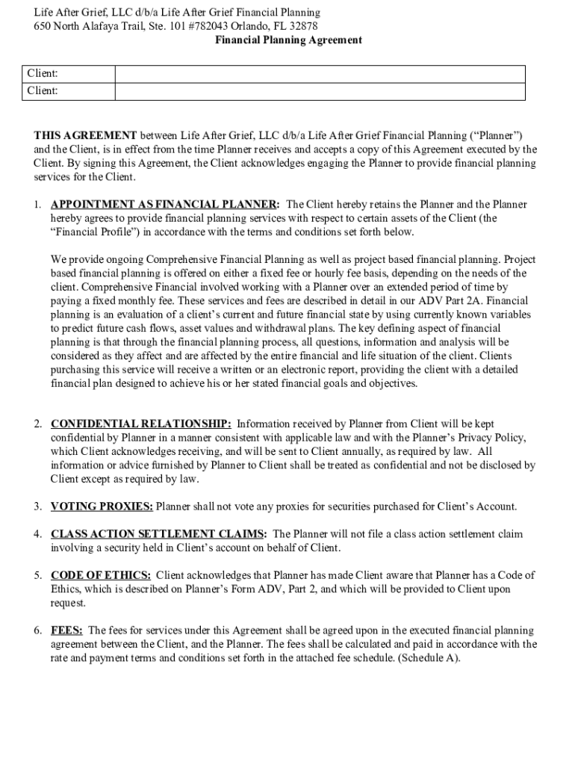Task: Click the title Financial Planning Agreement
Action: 288,40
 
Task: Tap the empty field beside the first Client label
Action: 320,74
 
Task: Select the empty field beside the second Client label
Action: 320,91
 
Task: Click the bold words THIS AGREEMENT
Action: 85,135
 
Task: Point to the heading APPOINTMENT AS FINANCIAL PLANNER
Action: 165,204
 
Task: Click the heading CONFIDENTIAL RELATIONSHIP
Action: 140,424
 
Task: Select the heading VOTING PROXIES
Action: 102,507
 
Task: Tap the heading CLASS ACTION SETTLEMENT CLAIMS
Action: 158,534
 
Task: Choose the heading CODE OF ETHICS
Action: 101,575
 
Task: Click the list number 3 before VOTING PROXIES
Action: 37,507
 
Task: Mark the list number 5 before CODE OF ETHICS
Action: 37,575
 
